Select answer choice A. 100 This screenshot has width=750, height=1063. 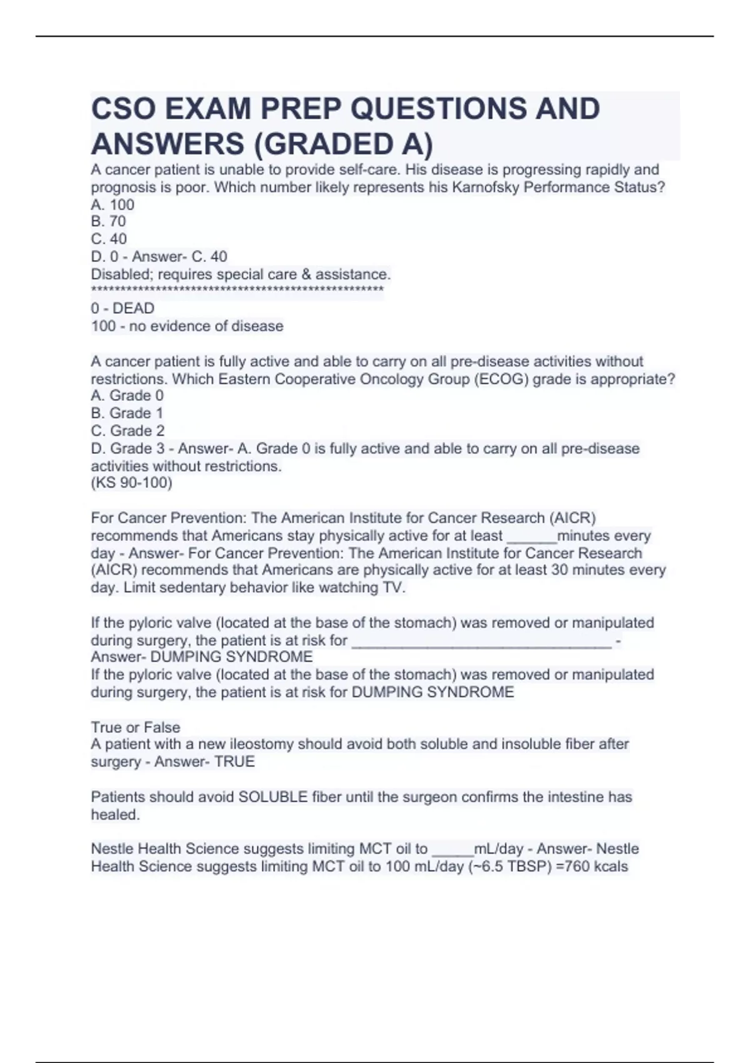coord(112,204)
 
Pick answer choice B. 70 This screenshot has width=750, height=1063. coord(108,221)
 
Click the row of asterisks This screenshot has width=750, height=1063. coord(237,290)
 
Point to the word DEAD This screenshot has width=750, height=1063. coord(133,308)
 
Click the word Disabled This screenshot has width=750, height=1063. coord(122,274)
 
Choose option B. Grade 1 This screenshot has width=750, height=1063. coord(127,413)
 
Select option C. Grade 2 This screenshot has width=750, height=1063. coord(127,431)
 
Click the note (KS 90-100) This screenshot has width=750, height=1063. coord(131,483)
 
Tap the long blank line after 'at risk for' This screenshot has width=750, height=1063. coord(481,642)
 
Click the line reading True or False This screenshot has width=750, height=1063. coord(136,727)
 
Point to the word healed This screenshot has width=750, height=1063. coord(115,815)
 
